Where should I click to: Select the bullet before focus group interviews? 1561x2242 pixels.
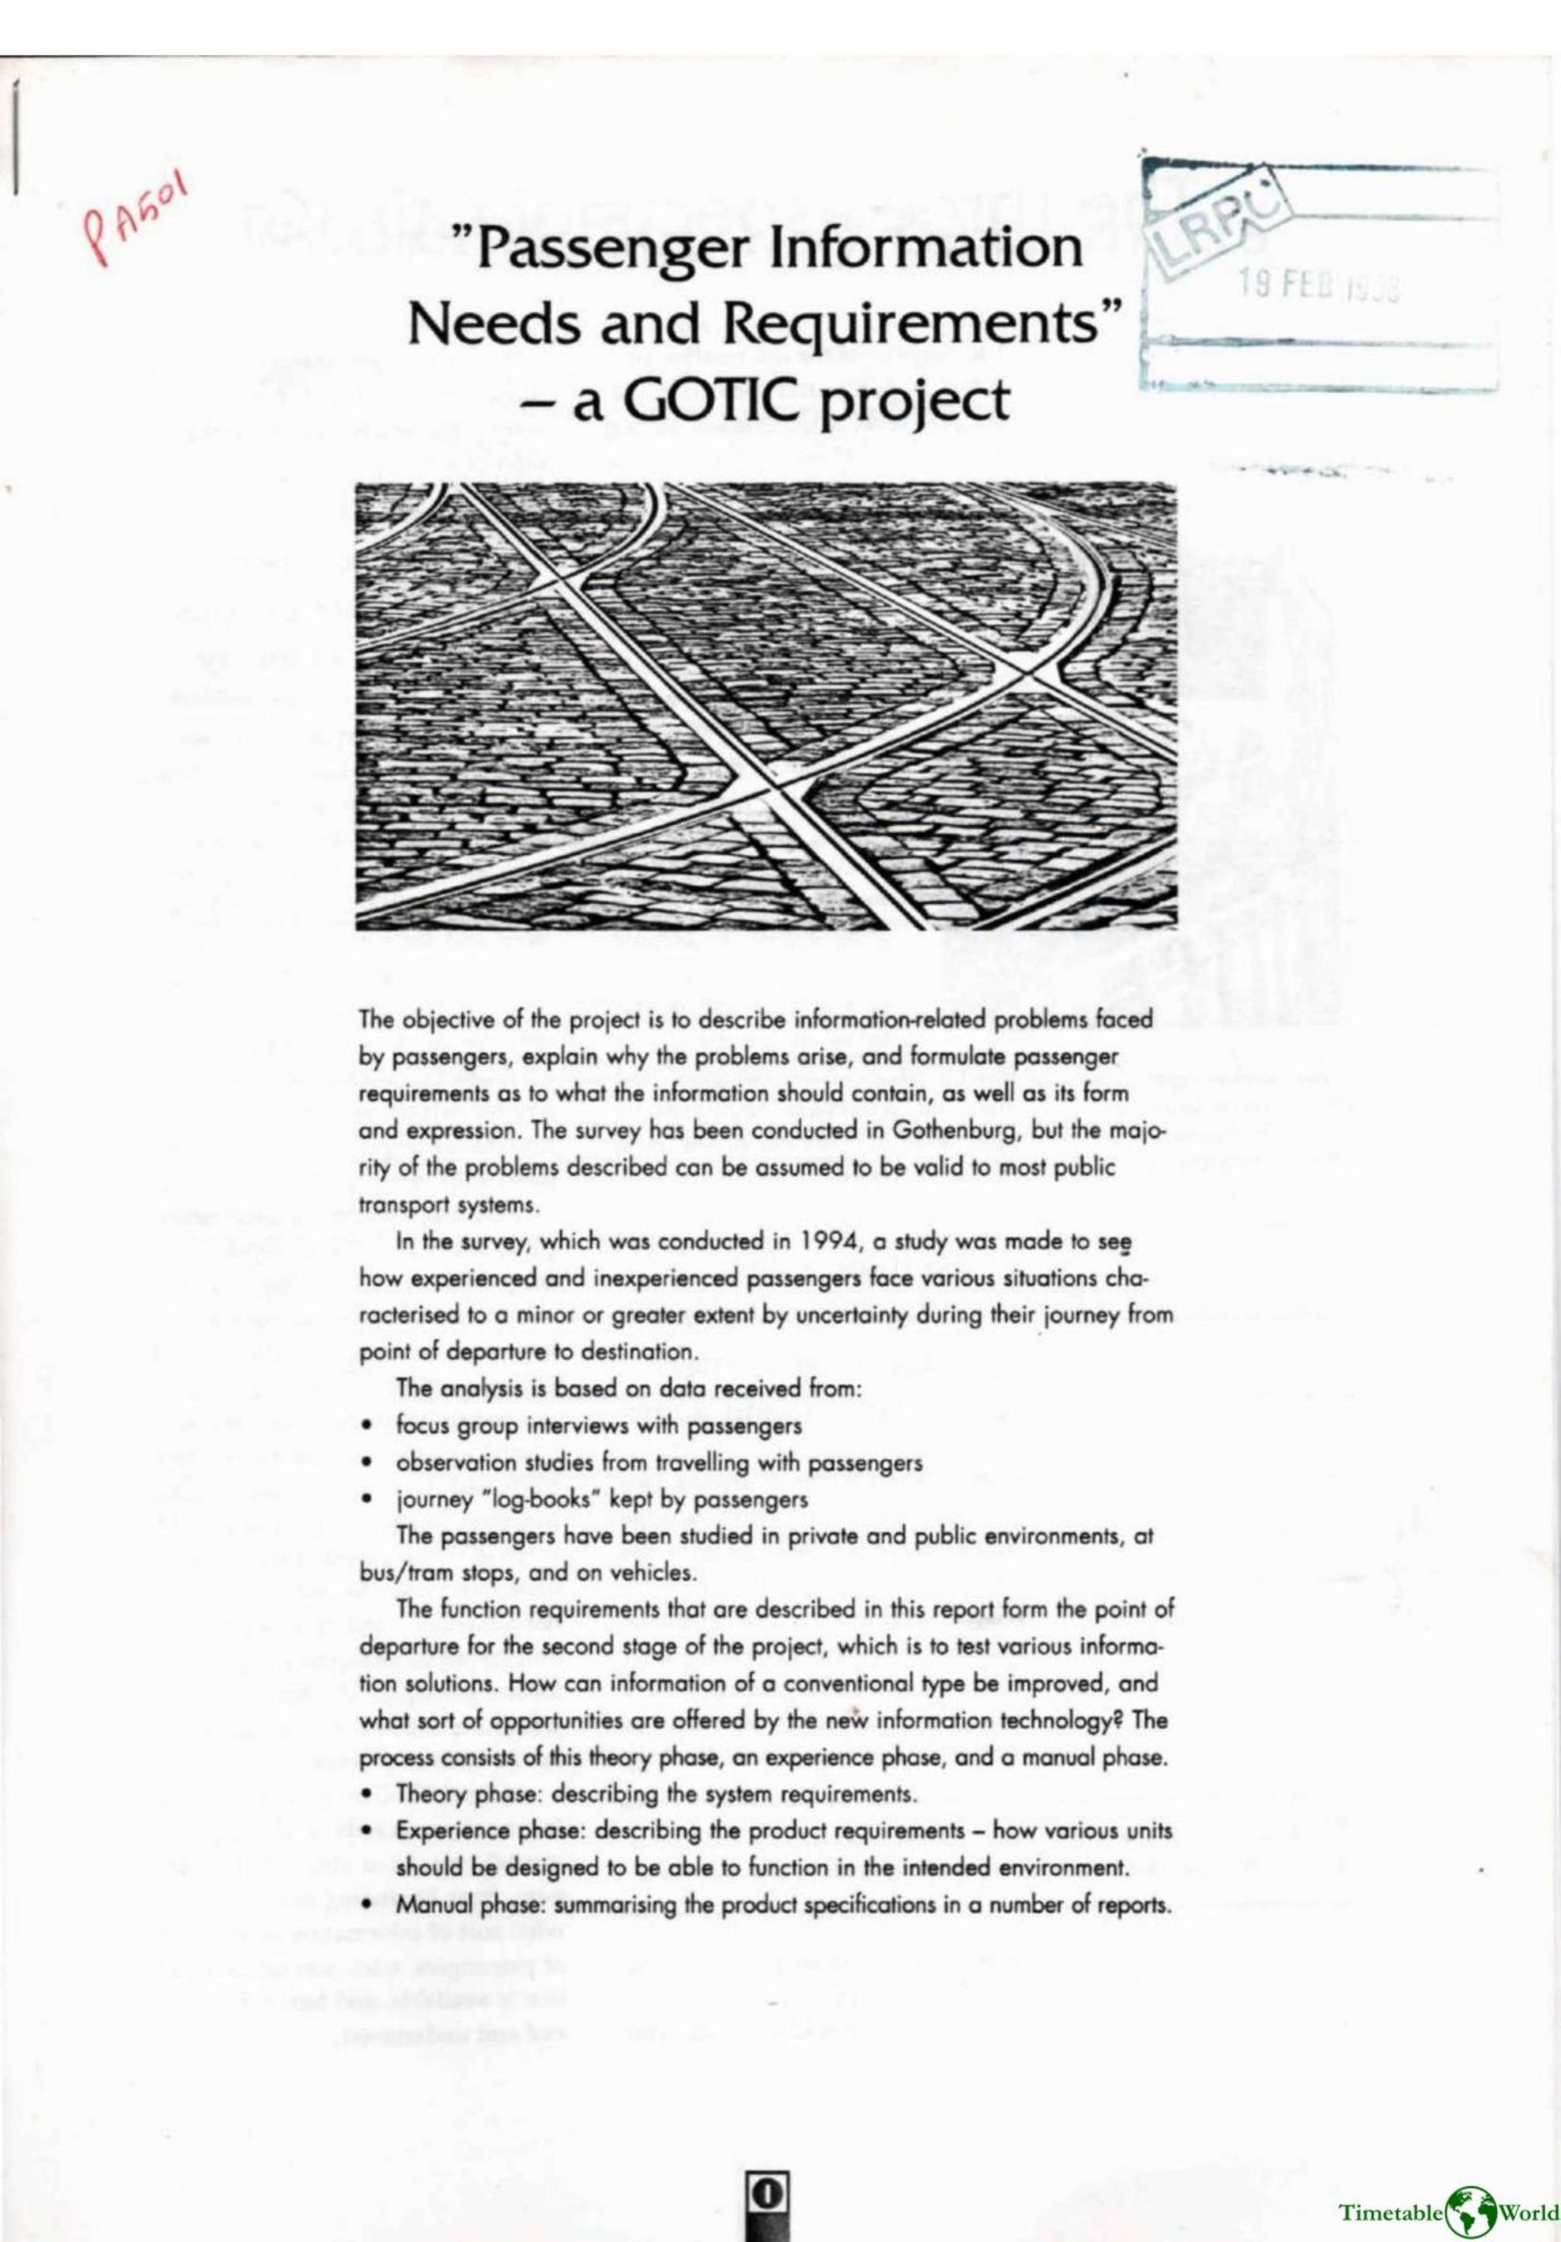[367, 1427]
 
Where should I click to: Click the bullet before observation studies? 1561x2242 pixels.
[367, 1463]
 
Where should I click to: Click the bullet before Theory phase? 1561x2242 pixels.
[367, 1794]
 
